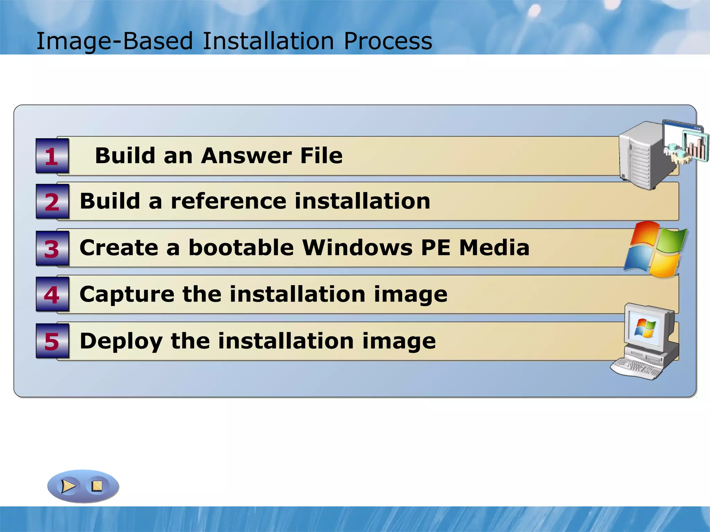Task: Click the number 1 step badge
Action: (52, 156)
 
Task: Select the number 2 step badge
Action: (52, 202)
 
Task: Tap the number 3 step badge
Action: (52, 248)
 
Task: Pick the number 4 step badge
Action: (52, 295)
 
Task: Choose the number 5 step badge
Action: (52, 341)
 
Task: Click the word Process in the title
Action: (388, 41)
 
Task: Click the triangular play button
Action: (68, 486)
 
